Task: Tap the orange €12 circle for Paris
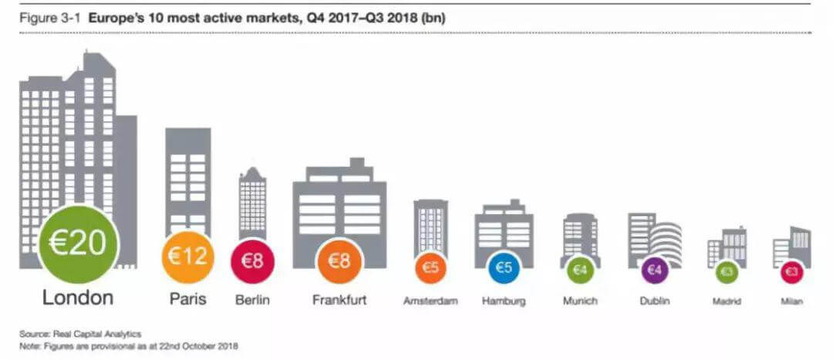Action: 187,257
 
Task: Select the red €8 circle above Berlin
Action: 253,261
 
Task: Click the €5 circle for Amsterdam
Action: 430,268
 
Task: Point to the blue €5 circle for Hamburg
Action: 503,268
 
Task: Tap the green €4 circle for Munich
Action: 580,271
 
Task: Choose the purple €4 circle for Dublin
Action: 655,271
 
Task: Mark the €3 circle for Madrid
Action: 727,272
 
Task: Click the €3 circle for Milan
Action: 791,272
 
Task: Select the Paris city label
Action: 187,299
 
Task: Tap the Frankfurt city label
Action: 339,299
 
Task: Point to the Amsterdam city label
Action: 430,301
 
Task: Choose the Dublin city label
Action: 655,301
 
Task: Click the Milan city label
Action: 791,301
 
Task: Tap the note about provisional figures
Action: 130,346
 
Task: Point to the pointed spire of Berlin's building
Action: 252,168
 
